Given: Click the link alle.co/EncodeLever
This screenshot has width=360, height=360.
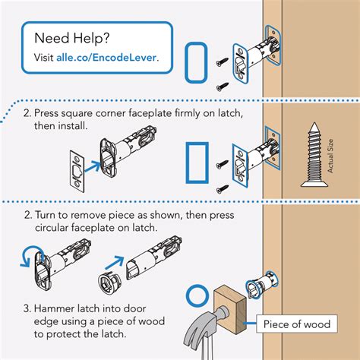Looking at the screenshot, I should pyautogui.click(x=107, y=57).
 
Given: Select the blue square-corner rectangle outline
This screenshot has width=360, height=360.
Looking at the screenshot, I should pyautogui.click(x=197, y=161).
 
